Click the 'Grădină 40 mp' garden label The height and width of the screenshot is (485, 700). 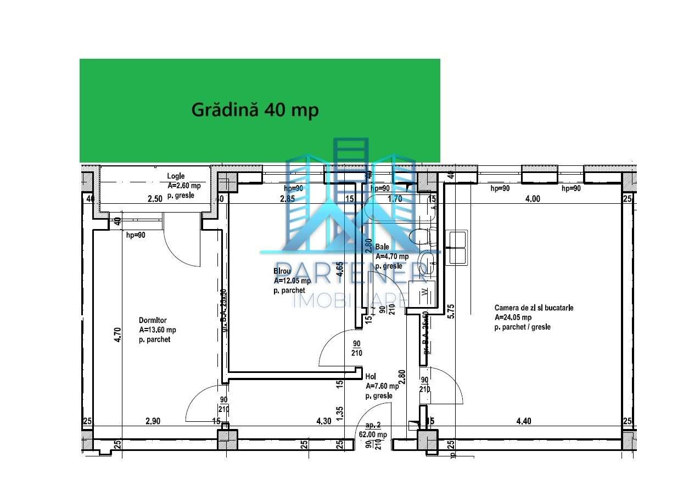pos(255,110)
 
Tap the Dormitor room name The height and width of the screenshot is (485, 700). pos(153,320)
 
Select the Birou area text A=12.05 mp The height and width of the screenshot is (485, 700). pos(292,281)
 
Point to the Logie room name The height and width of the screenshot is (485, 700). pos(176,176)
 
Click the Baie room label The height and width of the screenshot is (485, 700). pos(382,247)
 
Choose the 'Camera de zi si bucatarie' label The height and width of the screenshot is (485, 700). pos(534,308)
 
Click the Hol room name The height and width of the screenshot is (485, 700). pos(371,377)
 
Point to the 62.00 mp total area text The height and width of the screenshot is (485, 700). pos(373,434)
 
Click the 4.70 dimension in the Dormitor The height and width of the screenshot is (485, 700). pos(117,335)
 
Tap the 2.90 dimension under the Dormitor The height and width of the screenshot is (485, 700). pos(153,421)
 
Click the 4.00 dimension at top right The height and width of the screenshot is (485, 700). pos(533,199)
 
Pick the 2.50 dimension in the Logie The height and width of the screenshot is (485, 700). pos(155,199)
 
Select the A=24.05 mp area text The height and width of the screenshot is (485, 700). pos(513,317)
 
